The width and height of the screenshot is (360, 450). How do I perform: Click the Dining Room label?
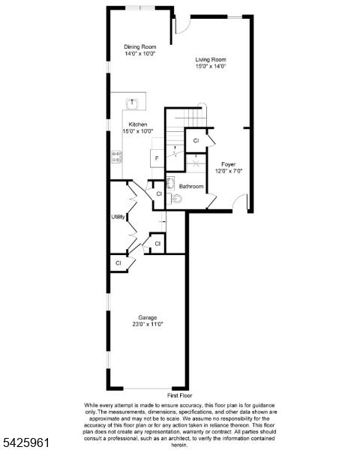tap(139, 46)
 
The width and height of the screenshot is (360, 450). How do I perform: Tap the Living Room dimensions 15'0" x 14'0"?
tap(211, 66)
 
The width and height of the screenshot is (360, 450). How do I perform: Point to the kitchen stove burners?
tap(116, 157)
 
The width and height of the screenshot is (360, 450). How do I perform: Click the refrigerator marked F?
tap(157, 158)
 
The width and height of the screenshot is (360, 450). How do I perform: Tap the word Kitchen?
tap(138, 124)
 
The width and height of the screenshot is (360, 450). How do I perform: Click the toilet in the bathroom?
tap(175, 199)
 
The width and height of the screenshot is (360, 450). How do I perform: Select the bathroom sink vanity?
tap(170, 184)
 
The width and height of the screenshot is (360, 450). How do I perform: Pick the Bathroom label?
tap(191, 186)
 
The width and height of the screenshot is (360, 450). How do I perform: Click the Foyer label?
tap(229, 164)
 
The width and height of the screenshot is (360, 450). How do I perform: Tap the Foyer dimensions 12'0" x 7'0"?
tap(229, 171)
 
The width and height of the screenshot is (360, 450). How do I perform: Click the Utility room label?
tap(118, 217)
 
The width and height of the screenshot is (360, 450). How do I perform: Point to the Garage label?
tap(148, 317)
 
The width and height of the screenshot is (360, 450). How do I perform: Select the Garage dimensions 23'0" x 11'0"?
tap(148, 324)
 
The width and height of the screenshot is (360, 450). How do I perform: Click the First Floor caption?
tap(180, 395)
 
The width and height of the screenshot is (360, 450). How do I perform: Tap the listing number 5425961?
tap(25, 442)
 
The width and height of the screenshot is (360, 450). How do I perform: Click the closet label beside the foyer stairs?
tap(196, 141)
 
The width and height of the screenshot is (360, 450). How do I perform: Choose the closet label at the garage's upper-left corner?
tap(118, 263)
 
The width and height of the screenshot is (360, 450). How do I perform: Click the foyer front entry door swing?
tap(240, 202)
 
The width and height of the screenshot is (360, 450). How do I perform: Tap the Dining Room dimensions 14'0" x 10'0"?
tap(139, 53)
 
